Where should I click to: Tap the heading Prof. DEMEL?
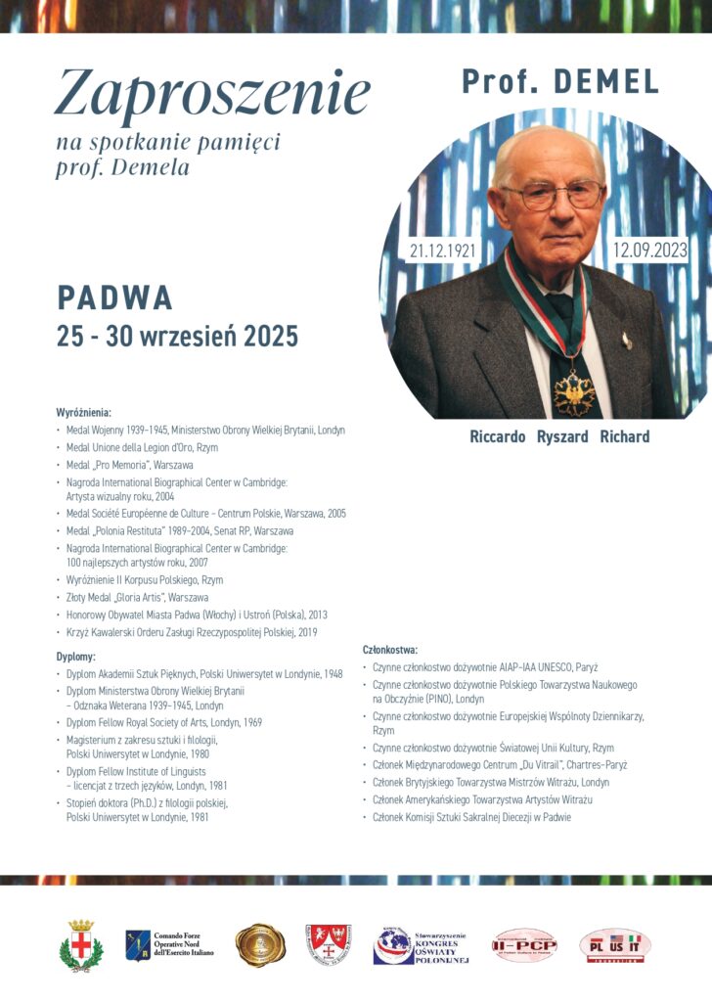pos(560,82)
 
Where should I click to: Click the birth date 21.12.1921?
pos(443,250)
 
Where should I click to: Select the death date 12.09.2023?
pos(650,250)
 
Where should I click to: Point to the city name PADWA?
pos(114,296)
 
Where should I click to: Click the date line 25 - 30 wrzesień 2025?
pos(177,337)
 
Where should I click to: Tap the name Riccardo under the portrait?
pos(498,436)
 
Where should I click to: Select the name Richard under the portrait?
pos(624,436)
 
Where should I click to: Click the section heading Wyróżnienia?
pos(83,413)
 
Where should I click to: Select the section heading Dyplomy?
pos(75,657)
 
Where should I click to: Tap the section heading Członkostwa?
pos(390,650)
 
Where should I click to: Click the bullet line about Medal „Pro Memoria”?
pos(129,465)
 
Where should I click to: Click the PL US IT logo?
pos(614,945)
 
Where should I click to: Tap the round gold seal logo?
pos(260,945)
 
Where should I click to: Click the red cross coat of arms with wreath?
pos(80,945)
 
